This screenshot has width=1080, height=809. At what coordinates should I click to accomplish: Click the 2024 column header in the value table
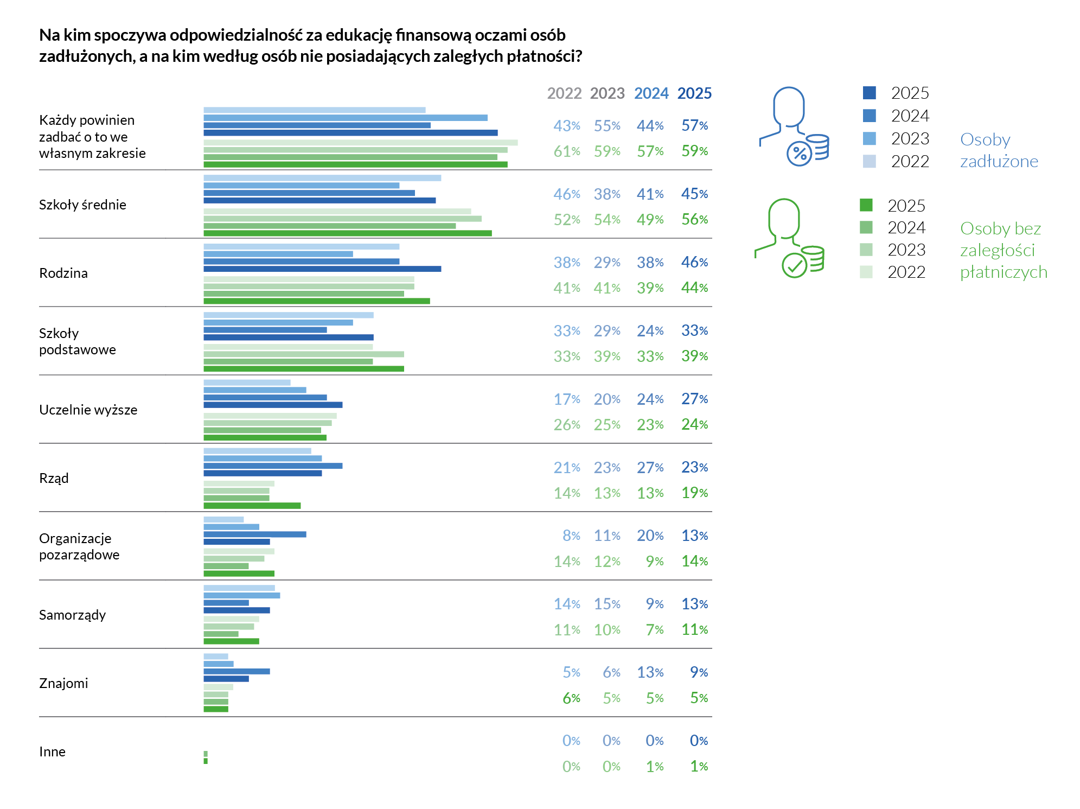tap(651, 93)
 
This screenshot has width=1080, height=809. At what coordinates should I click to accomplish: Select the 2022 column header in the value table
tap(564, 93)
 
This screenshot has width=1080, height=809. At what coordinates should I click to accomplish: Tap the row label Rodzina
tap(63, 273)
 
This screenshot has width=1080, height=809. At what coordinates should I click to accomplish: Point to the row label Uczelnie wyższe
tap(88, 410)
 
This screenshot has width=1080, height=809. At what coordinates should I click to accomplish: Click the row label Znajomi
tap(63, 683)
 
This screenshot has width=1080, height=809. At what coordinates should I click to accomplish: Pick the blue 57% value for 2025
tap(694, 125)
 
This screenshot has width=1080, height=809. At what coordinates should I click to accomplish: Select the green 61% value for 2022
tap(566, 151)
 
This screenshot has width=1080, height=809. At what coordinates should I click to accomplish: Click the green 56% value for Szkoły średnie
tap(694, 219)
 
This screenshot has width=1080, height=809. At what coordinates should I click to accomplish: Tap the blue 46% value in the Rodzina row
tap(694, 262)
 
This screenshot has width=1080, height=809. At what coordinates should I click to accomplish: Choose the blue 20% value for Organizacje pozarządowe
tap(650, 536)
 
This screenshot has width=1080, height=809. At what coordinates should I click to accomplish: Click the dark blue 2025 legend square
tap(869, 93)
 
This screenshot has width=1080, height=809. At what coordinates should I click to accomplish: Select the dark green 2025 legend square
tap(866, 205)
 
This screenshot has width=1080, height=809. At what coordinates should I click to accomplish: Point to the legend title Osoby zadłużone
tap(999, 150)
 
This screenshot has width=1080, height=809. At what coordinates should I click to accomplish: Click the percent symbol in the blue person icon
tap(800, 154)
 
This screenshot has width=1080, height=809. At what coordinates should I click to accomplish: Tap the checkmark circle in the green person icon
tap(795, 266)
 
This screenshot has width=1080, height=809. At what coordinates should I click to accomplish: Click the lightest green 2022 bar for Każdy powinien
tap(360, 143)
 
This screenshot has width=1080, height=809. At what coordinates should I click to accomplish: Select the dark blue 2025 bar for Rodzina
tap(322, 269)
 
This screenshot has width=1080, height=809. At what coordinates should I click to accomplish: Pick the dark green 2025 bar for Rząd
tap(252, 506)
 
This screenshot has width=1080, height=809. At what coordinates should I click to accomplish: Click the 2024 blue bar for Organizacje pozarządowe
tap(254, 534)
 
